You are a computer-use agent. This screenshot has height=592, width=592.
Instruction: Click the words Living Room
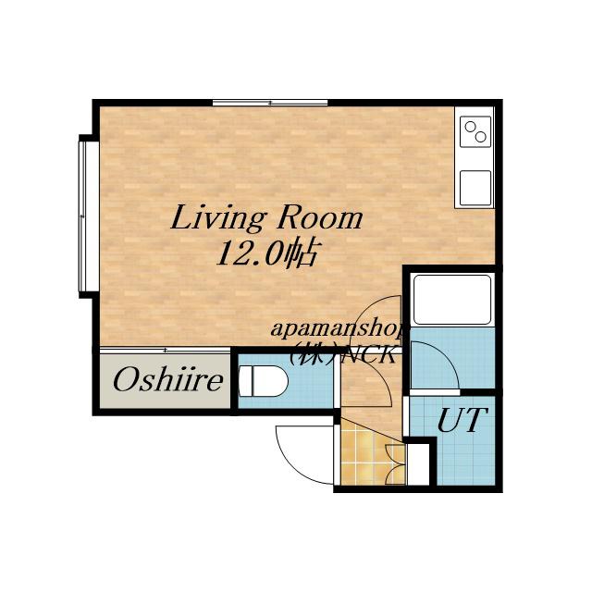point(266,218)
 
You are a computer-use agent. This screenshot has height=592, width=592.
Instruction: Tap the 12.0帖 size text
point(266,253)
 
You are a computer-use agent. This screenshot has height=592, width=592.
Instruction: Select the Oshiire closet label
point(168,380)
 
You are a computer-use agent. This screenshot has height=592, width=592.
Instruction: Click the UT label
point(462,419)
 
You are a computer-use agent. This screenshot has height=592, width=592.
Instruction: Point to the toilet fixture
point(263,380)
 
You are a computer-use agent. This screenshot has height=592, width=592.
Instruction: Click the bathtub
point(452,299)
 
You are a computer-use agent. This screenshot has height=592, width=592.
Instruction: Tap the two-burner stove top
point(475,131)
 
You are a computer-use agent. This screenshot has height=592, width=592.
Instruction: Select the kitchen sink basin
point(475,188)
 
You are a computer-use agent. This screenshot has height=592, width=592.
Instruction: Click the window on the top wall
point(270,103)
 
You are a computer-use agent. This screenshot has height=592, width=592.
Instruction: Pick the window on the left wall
point(84,216)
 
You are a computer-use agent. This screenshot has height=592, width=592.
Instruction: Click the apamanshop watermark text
point(339,329)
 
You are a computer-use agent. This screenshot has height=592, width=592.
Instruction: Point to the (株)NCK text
point(343,353)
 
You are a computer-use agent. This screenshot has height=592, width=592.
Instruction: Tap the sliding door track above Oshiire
point(165,351)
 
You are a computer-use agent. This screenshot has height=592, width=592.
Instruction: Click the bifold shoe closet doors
point(395,464)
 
